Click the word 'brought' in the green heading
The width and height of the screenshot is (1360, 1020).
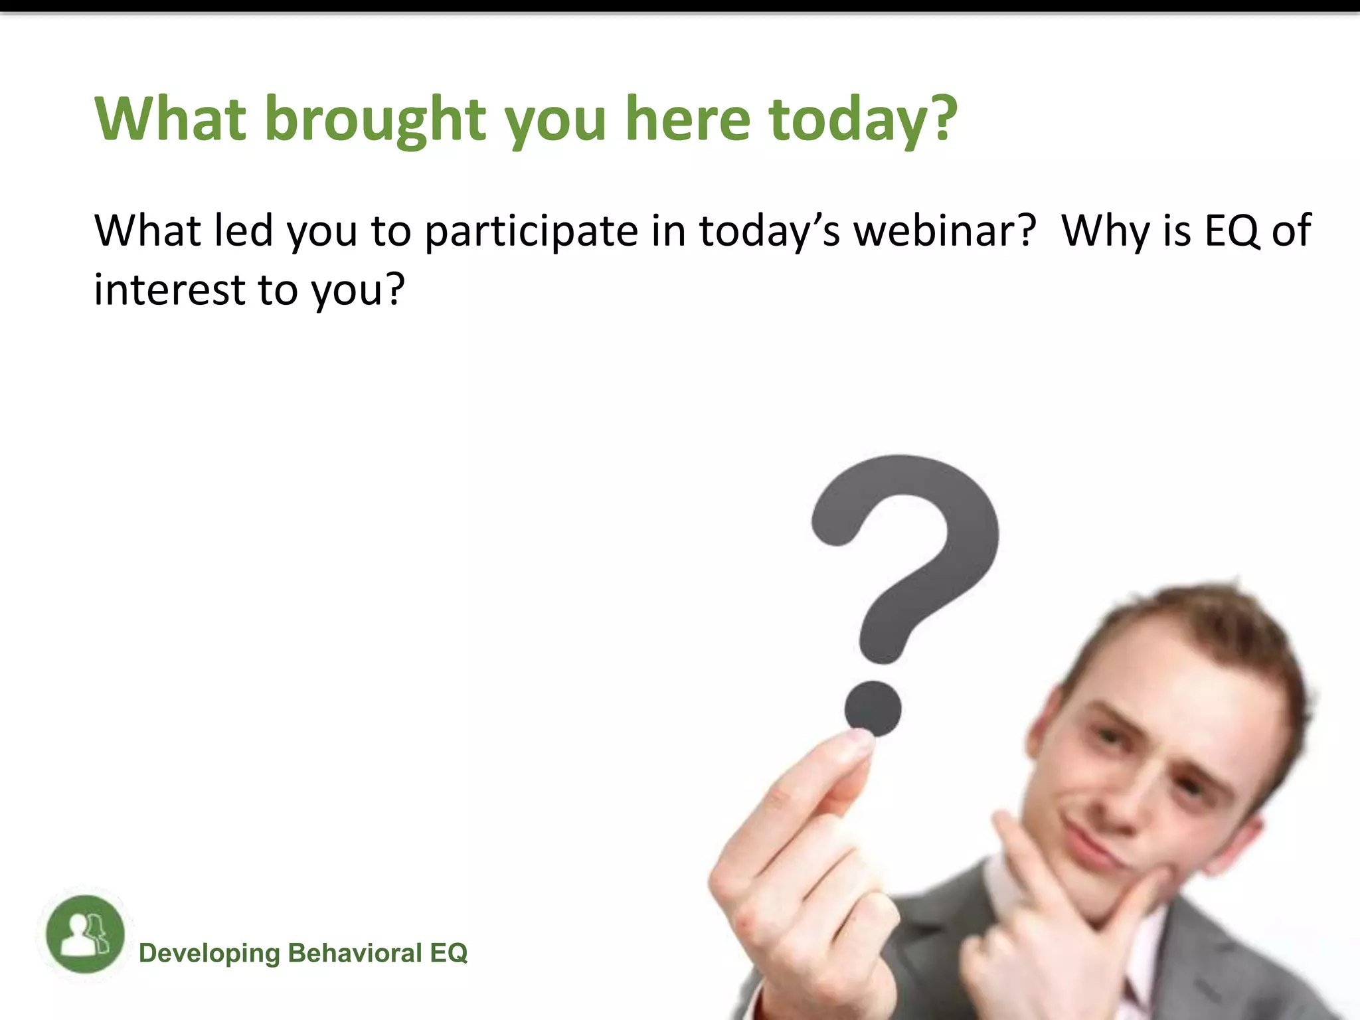(375, 120)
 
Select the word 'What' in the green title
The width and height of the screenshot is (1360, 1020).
(171, 120)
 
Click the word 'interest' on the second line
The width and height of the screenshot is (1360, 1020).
(169, 290)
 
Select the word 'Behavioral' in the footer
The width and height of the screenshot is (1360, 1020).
(355, 954)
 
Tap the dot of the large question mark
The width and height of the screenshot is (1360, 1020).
(873, 708)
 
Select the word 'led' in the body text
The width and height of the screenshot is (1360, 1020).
(244, 231)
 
